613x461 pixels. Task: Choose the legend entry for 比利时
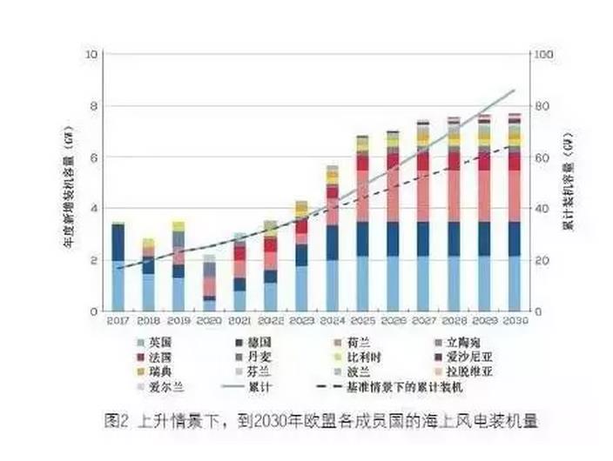(x=360, y=357)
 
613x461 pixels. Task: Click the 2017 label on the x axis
(x=118, y=321)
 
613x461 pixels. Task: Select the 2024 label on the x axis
(x=332, y=321)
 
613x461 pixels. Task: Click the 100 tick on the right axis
(x=543, y=55)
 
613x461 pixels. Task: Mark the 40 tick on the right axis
(x=541, y=209)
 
